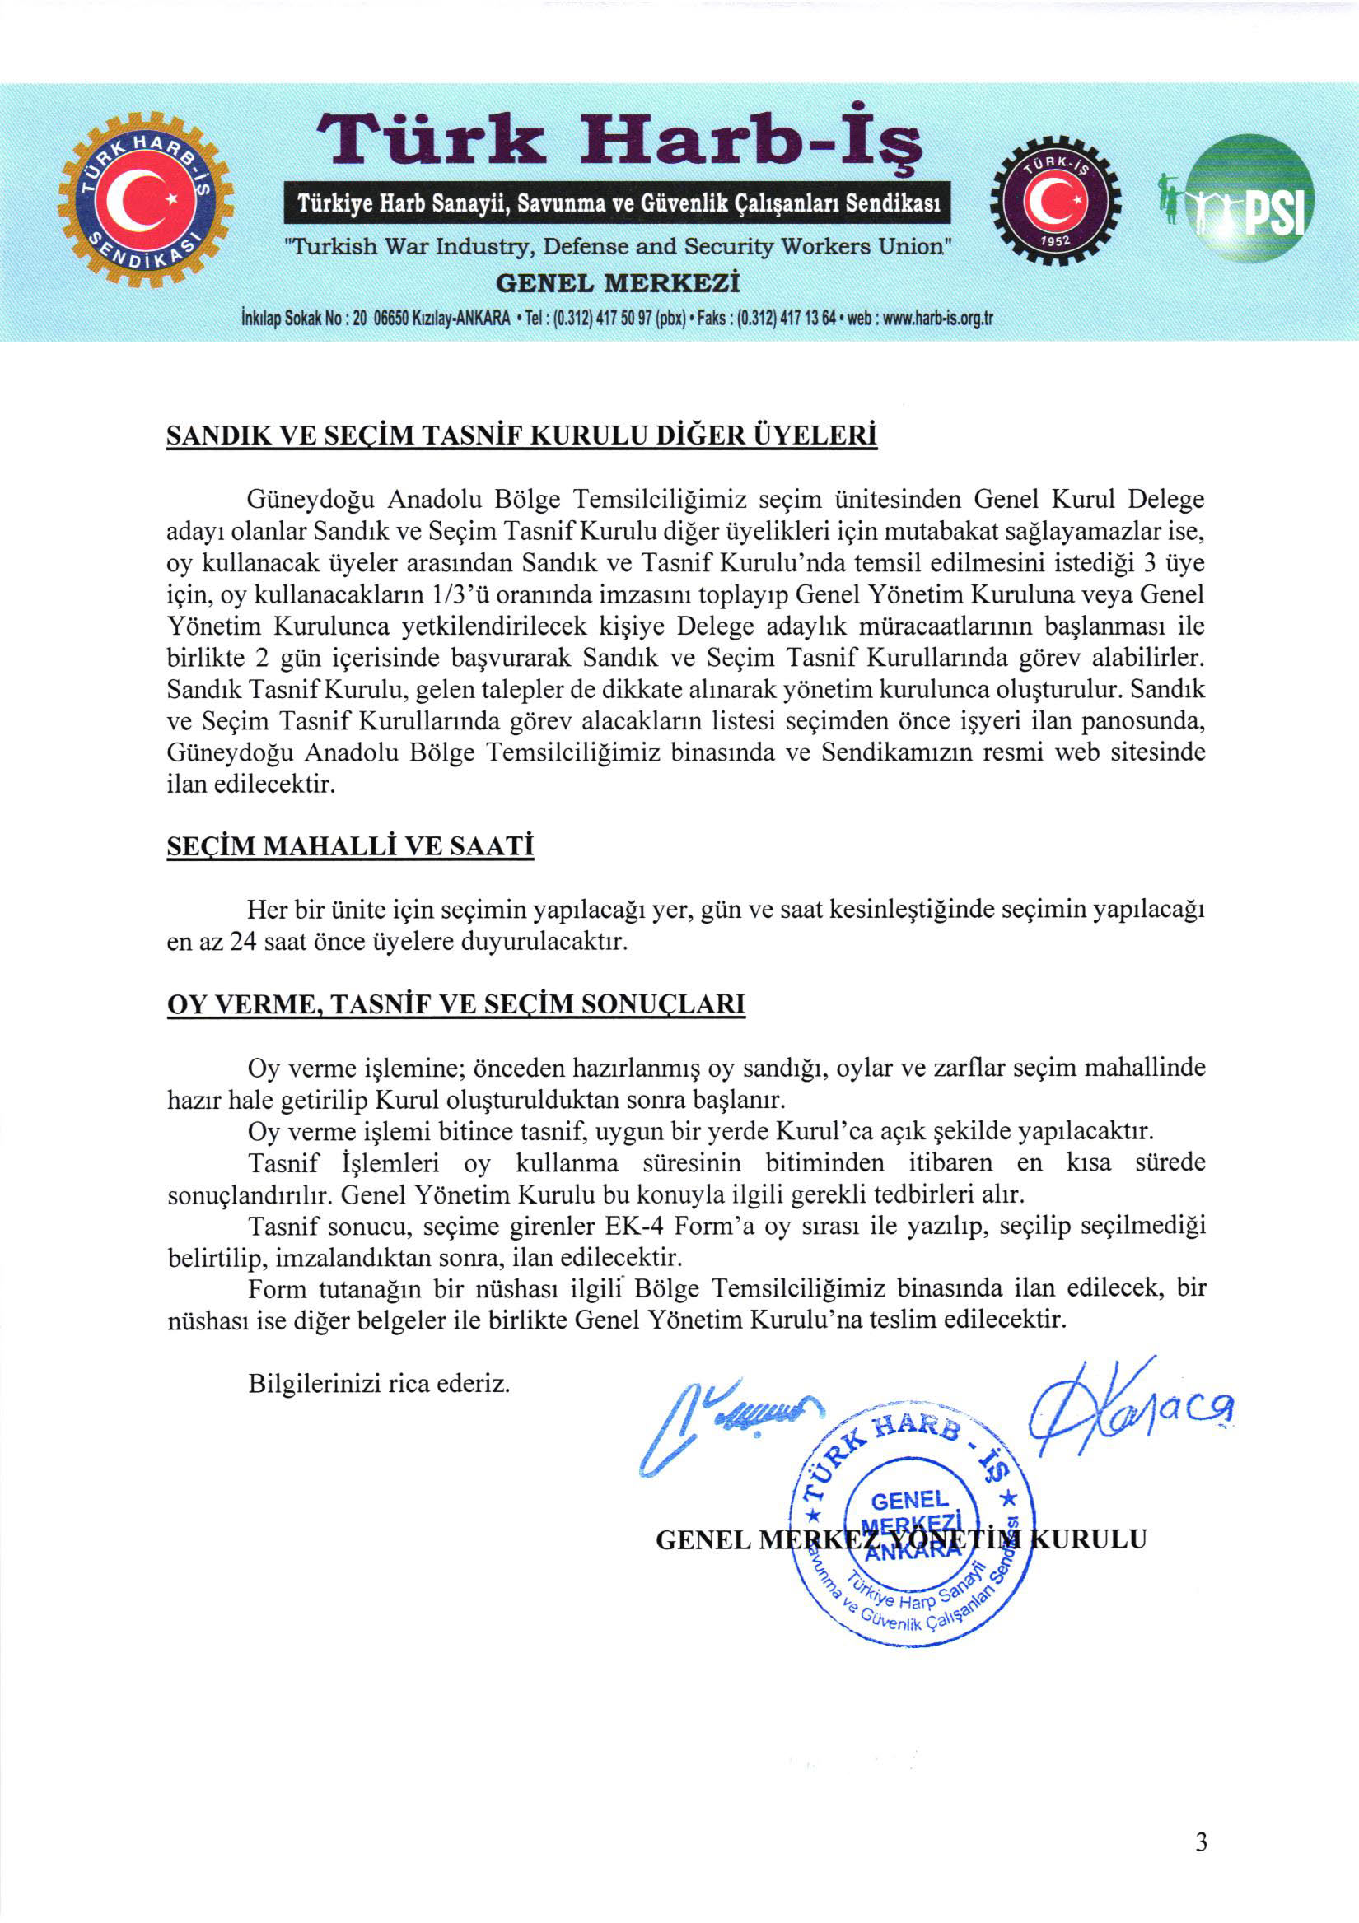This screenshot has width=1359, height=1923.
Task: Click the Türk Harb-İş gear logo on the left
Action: coord(145,201)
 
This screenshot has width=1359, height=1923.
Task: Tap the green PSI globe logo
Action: coord(1253,200)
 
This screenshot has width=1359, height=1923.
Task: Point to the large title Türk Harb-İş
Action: coord(619,140)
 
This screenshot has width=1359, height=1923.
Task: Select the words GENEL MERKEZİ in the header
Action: coord(618,283)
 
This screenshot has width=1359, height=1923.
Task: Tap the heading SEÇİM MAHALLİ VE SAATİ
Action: coord(350,846)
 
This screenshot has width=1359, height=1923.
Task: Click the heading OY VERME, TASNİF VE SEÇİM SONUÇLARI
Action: coord(455,1004)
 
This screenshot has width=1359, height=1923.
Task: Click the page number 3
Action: coord(1201,1842)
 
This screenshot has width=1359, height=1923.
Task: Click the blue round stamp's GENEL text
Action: coord(910,1499)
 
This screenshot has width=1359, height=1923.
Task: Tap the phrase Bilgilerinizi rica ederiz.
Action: coord(379,1383)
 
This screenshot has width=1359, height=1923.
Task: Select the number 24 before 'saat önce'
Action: coord(242,942)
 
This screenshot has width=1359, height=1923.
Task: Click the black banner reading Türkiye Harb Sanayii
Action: coord(619,203)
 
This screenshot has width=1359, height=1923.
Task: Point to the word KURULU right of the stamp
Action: coord(1086,1539)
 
